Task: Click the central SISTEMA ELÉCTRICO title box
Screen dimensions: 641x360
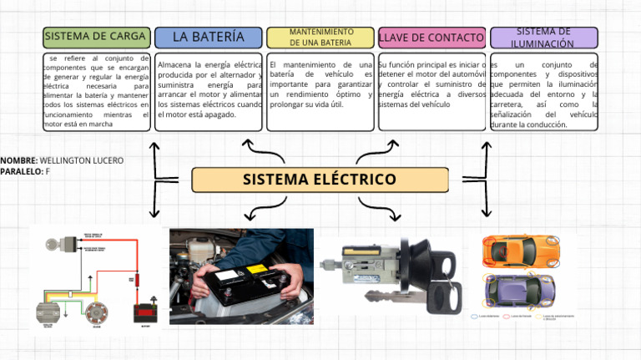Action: click(320, 180)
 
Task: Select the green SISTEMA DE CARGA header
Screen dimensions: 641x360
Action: click(97, 37)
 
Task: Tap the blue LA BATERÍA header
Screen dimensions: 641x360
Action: click(209, 37)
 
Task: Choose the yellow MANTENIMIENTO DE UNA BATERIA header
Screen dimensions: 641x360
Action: click(320, 38)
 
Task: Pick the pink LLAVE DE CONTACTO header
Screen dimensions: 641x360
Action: click(432, 38)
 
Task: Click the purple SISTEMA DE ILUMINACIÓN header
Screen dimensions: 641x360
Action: click(543, 38)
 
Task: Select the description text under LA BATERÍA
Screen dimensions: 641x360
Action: click(209, 89)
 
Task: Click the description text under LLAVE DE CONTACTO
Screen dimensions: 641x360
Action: click(432, 84)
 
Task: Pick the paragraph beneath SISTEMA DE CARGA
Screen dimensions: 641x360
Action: click(97, 92)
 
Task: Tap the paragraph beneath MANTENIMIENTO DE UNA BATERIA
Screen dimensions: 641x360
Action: click(320, 84)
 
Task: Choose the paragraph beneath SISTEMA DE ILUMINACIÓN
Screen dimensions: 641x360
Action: click(543, 94)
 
